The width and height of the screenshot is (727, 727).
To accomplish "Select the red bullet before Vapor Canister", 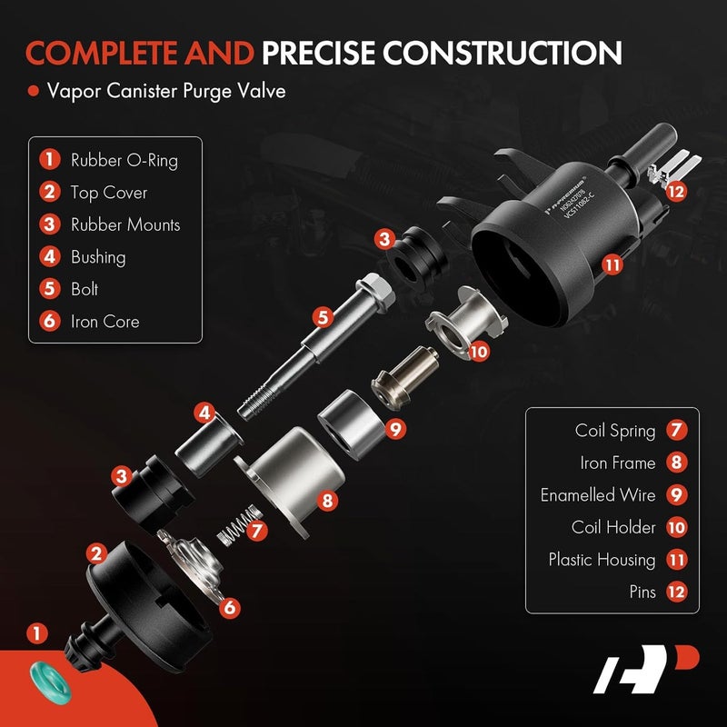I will click(x=33, y=92).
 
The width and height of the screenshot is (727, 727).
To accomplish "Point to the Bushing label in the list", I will click(x=98, y=257).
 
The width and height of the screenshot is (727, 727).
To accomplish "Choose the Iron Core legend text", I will click(x=105, y=321).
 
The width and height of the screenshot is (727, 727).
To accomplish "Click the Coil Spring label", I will click(x=615, y=430).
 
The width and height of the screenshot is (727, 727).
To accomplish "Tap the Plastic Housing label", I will click(x=602, y=560).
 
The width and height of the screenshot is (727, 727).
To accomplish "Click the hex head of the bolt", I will click(x=378, y=289).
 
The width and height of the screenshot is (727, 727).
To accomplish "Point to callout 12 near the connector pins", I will click(x=673, y=192).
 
